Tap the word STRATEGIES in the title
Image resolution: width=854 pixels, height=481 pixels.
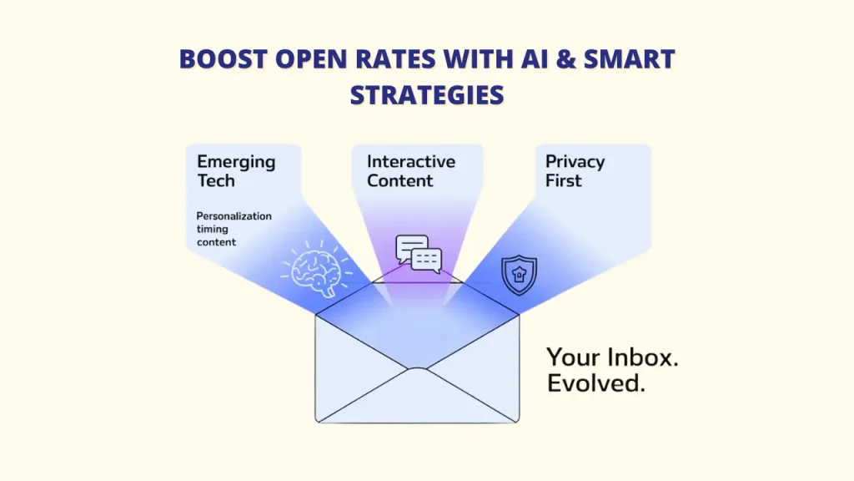point(427,94)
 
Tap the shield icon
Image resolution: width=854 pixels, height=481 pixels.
point(519,275)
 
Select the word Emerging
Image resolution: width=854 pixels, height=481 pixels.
point(236,162)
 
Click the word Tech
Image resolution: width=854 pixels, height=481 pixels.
point(216,180)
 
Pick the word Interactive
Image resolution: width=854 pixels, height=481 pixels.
point(411,161)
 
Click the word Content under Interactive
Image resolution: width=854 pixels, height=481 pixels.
point(400,180)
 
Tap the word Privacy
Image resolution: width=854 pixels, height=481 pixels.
point(575,161)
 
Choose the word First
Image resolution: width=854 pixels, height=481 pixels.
point(564,180)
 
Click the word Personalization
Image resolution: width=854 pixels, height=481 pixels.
point(234,216)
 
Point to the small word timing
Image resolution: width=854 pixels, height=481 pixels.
point(213,229)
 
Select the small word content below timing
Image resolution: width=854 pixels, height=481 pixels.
point(217,242)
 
